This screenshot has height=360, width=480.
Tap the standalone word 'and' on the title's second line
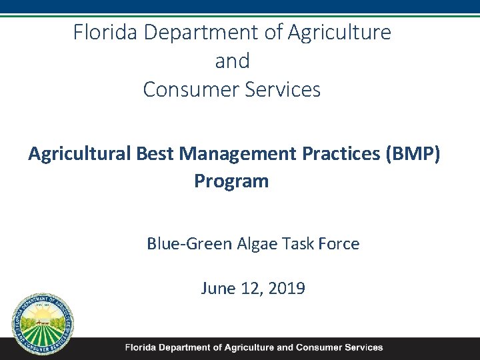[x=232, y=61]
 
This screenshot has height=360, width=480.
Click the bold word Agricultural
[x=80, y=153]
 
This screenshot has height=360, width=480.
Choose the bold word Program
[x=231, y=181]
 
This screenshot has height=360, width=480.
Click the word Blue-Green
[x=189, y=244]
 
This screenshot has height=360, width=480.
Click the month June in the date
[x=218, y=289]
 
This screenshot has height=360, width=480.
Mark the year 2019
[x=287, y=289]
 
